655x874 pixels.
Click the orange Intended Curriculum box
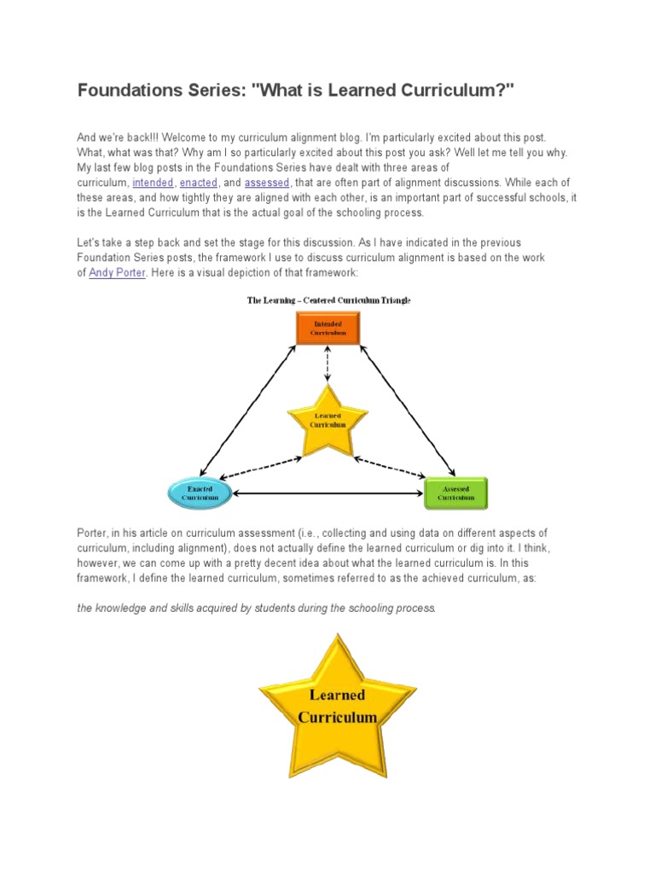(327, 328)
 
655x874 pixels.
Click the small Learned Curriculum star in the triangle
(327, 421)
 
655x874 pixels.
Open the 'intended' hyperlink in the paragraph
(153, 183)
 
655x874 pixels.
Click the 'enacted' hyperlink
(199, 183)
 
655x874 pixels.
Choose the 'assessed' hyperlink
(267, 183)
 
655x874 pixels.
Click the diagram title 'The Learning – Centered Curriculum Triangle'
(328, 300)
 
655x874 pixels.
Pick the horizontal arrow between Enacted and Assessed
(327, 493)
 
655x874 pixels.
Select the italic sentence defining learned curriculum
(256, 608)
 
